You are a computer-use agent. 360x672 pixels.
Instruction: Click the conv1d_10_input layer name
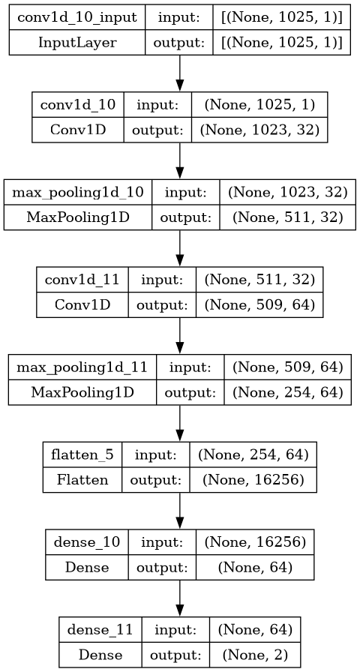pos(77,17)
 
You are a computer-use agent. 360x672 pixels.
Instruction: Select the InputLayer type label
pos(77,43)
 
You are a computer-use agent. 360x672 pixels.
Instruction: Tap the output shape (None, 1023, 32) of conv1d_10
pos(259,130)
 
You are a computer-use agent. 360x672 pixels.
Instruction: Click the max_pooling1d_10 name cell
pos(77,193)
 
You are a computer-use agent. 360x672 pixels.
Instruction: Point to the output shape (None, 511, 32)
pos(287,217)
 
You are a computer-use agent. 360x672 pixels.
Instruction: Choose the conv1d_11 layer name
pos(82,280)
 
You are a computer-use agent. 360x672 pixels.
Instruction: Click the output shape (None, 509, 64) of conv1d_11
pos(259,304)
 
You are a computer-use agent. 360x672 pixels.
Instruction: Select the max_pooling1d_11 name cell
pos(82,367)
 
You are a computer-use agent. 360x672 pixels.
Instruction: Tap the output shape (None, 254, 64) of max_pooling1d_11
pos(287,392)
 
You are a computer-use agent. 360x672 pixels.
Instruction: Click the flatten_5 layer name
pos(82,454)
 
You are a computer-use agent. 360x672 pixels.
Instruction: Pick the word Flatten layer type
pos(82,479)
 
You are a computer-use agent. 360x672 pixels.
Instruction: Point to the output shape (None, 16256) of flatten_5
pos(253,479)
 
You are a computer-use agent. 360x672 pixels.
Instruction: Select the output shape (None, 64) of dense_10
pos(255,567)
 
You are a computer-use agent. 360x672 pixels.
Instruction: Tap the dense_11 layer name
pos(100,629)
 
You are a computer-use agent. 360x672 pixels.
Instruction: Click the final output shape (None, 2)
pos(254,655)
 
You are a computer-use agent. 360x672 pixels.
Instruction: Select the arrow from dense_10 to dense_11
pos(179,598)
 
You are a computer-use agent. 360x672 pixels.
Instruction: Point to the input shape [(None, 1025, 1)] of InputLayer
pos(281,17)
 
